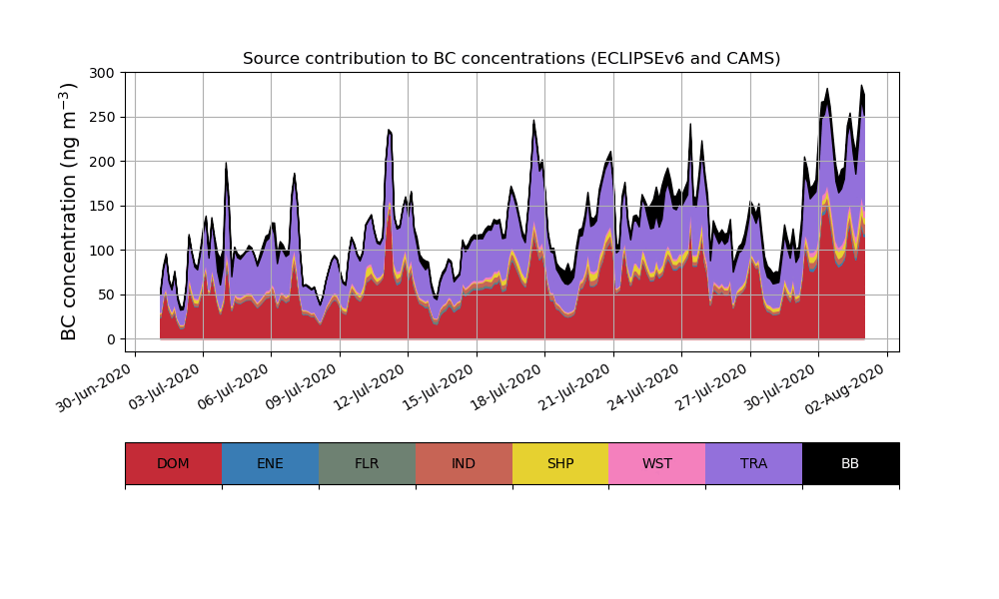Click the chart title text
pos(511,59)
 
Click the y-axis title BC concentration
pos(69,212)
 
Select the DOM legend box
pos(173,463)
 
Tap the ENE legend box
pos(270,463)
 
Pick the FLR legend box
pos(367,463)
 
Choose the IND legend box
pos(464,463)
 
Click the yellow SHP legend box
pos(560,463)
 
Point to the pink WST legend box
pos(657,463)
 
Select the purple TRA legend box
pos(754,463)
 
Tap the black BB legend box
pos(850,463)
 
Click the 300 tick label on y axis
pos(102,73)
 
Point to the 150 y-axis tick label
pos(102,206)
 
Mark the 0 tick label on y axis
pos(112,339)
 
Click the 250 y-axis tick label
pos(102,117)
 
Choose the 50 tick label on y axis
pos(106,295)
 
